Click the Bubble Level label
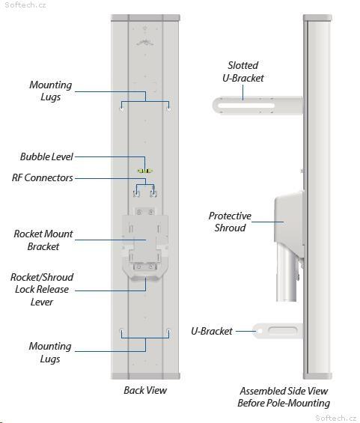click(x=46, y=156)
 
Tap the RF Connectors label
click(x=43, y=177)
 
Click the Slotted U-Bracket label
click(x=243, y=72)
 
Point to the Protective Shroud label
click(x=230, y=222)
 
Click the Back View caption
click(x=145, y=390)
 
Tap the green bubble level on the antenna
click(x=145, y=171)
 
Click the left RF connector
click(x=136, y=193)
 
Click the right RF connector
click(x=153, y=193)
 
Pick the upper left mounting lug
click(x=121, y=109)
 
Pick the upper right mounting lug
click(x=169, y=109)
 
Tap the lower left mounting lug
click(x=121, y=331)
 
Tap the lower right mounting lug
click(x=169, y=331)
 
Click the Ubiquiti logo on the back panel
click(x=145, y=42)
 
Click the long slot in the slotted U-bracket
click(x=246, y=106)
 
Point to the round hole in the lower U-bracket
click(x=260, y=331)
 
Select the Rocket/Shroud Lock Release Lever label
click(x=42, y=290)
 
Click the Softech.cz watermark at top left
click(x=25, y=4)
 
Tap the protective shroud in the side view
click(x=289, y=220)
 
